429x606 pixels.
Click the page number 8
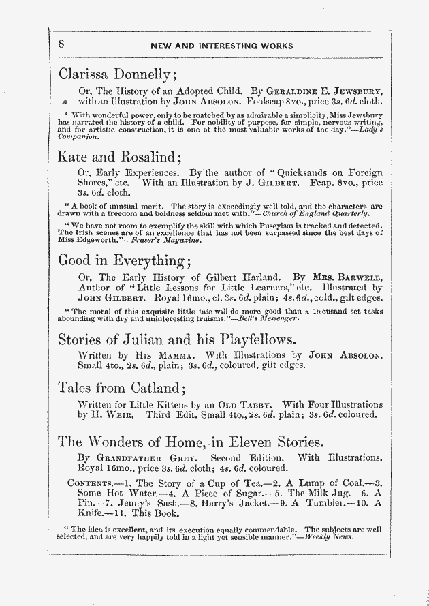pos(61,43)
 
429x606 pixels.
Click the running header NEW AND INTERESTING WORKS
pos(222,47)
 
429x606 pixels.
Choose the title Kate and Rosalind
pos(119,158)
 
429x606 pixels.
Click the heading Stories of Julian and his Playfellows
pos(176,340)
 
